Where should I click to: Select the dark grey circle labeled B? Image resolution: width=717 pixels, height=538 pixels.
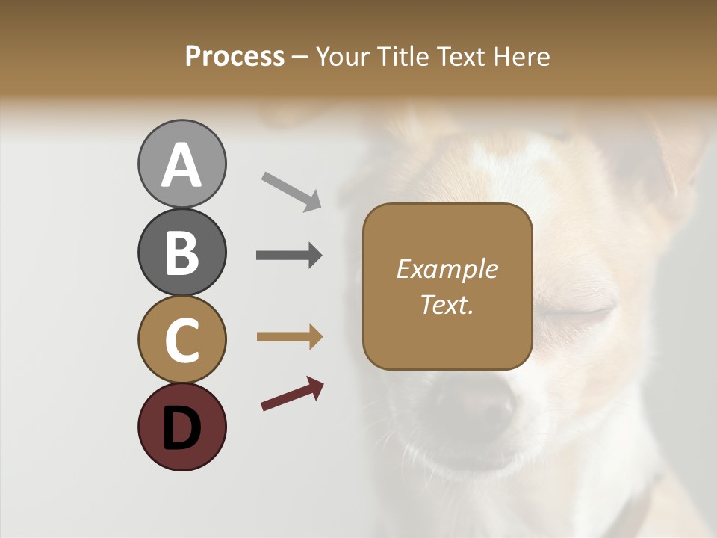(181, 252)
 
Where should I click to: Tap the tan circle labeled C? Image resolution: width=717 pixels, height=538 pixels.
(181, 340)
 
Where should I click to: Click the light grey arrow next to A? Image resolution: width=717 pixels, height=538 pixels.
(291, 191)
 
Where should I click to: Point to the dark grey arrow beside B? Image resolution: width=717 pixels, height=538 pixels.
(289, 256)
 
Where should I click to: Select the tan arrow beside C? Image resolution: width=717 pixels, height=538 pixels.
(289, 337)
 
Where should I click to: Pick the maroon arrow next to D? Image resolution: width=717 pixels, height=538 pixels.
(292, 394)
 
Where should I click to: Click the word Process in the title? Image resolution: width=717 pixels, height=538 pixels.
(235, 56)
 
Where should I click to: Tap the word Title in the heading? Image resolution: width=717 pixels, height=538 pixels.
(400, 56)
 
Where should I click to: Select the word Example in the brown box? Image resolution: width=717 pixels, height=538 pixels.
(447, 269)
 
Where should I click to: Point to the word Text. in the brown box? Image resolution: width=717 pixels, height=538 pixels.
(447, 304)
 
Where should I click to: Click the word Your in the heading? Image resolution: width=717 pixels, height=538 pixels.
(342, 56)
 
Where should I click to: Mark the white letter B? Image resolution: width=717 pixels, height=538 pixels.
(181, 253)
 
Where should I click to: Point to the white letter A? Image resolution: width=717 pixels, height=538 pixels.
(181, 164)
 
